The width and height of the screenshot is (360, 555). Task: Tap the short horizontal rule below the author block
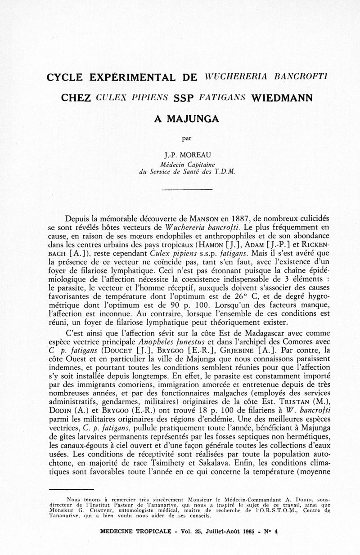tap(180, 189)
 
